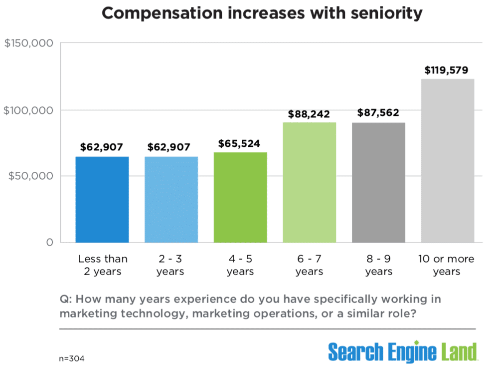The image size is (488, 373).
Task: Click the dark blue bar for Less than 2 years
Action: point(102,200)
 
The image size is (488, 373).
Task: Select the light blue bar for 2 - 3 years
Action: point(171,200)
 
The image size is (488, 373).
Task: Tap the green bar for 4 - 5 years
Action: point(240,197)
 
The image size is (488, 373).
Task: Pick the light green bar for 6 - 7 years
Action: point(309,182)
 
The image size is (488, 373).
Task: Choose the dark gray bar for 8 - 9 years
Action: point(378,182)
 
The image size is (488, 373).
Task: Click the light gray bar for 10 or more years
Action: point(447,160)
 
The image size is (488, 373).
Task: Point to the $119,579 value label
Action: point(446,70)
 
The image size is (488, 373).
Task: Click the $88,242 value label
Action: point(309,114)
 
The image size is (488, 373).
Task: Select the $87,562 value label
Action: point(378,113)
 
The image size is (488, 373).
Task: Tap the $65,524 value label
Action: point(240,144)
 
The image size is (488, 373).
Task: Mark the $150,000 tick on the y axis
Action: point(28,43)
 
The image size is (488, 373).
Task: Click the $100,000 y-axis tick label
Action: point(28,110)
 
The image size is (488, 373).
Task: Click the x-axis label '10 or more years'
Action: point(447,265)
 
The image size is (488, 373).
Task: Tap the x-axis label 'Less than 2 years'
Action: point(103,265)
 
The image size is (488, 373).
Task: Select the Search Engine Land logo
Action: point(402,352)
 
